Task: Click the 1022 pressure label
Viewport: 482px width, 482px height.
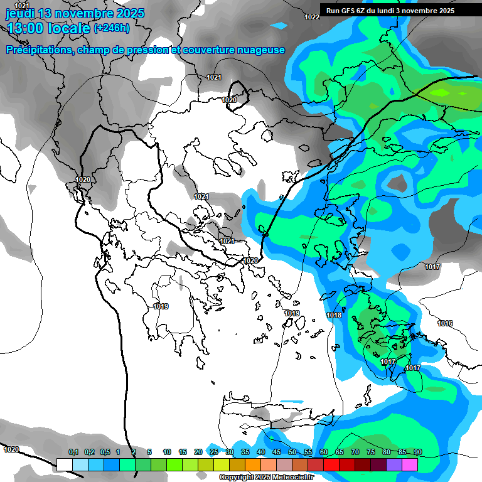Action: tap(311, 17)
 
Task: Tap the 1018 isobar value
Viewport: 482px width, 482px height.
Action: tap(334, 315)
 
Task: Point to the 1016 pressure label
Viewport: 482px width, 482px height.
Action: tap(445, 323)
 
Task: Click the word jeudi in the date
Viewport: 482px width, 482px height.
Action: tap(22, 13)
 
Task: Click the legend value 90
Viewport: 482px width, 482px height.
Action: tap(417, 452)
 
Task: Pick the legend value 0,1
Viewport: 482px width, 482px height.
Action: tap(73, 452)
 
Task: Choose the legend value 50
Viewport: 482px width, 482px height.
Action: tap(292, 452)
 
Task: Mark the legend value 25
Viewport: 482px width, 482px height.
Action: tap(214, 452)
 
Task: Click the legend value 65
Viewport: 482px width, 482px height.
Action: tap(340, 452)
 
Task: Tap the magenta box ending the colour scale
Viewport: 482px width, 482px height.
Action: tap(410, 464)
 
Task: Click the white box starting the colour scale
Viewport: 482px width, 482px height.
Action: tap(64, 464)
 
